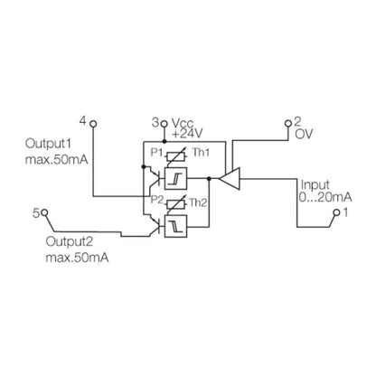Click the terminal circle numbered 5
coord(43,214)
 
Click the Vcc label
coord(183,120)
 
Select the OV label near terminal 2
coord(303,133)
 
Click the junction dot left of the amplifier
coord(210,179)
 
